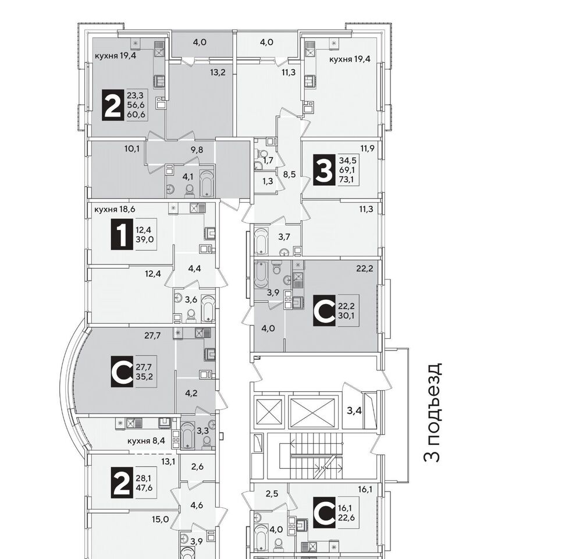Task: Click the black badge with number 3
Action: [325, 170]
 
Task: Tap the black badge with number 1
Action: [122, 234]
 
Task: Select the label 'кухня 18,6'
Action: [115, 209]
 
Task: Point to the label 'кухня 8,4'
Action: [146, 440]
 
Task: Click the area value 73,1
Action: [346, 179]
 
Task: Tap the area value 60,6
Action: [136, 115]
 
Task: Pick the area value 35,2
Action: [144, 377]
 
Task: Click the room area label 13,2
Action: [218, 72]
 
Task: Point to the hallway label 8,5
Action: [289, 175]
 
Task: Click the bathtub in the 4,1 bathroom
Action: [207, 183]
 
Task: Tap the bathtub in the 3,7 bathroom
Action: [261, 240]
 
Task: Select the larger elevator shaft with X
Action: [314, 412]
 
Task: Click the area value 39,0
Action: [145, 239]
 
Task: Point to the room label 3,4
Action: [354, 411]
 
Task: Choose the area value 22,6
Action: [346, 518]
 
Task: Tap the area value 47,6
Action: [144, 487]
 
